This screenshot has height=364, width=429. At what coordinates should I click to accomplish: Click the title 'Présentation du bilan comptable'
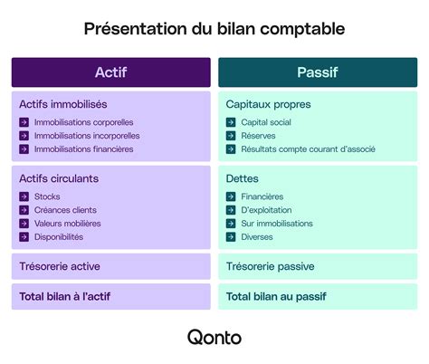coord(214,29)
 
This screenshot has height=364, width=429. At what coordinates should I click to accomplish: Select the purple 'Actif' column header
coord(110,72)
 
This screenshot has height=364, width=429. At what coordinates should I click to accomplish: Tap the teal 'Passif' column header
coord(318,72)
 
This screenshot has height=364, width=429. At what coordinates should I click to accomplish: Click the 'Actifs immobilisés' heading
coord(63,104)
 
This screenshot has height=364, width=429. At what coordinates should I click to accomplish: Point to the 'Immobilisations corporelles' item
coord(83,122)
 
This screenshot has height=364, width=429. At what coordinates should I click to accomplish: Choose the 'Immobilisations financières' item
coord(83,149)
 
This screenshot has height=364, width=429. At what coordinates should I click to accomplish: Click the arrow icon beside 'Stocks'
coord(24,196)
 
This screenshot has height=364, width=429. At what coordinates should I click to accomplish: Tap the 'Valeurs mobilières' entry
coord(68,224)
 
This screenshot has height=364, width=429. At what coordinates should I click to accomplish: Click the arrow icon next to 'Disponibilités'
coord(24,237)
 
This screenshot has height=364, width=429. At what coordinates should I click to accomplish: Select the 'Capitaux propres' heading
coord(268,104)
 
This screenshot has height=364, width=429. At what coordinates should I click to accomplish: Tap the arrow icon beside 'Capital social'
coord(232,122)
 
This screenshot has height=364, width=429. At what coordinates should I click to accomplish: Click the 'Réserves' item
coord(258,136)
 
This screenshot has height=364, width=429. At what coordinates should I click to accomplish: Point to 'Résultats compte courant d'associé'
coord(308,149)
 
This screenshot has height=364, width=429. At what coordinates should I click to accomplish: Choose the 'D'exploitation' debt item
coord(267,210)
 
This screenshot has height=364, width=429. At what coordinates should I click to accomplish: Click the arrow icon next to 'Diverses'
coord(232,237)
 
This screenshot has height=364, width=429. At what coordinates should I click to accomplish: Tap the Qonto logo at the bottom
coord(214,337)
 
